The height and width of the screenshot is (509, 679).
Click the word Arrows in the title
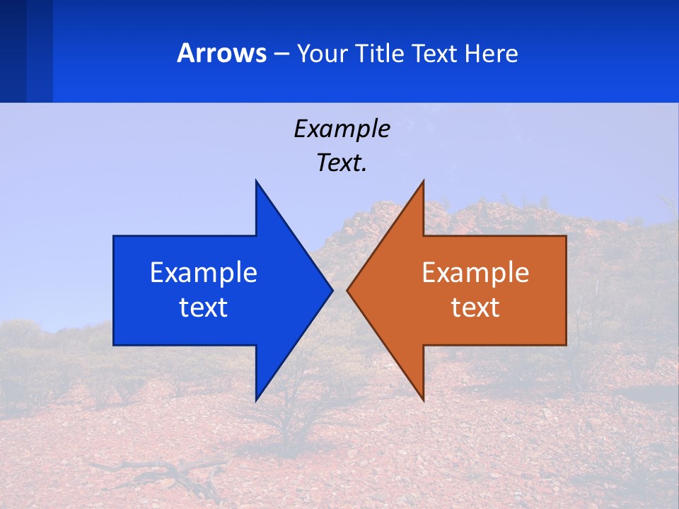(221, 54)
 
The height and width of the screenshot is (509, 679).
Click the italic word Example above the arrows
(342, 129)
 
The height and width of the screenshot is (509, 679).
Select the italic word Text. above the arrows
(342, 163)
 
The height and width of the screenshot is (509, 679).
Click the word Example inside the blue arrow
(204, 273)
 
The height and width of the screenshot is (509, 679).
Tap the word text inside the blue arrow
(204, 308)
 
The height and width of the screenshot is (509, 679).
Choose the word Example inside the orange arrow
(475, 273)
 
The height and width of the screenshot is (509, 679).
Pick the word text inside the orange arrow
(475, 308)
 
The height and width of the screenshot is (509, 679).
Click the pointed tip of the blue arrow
(331, 291)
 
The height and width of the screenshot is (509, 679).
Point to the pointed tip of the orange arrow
(349, 291)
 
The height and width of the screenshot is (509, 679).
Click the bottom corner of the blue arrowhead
(257, 399)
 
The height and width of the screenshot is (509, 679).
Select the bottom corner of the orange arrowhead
(422, 399)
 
